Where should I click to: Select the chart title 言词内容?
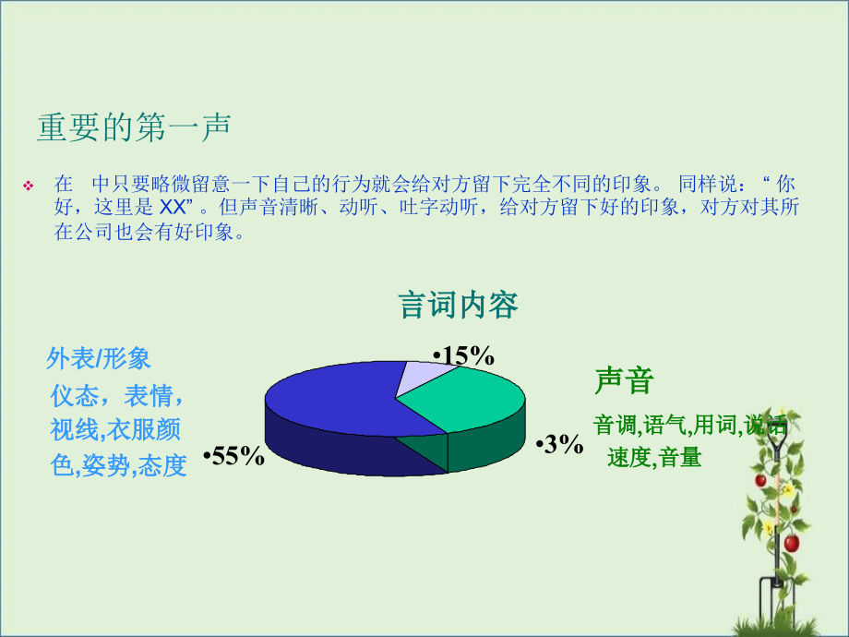(458, 305)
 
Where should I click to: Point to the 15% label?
(464, 356)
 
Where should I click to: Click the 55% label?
(233, 456)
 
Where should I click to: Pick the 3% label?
(559, 445)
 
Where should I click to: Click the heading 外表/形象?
(99, 358)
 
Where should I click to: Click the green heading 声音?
(624, 381)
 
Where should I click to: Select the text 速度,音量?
(654, 457)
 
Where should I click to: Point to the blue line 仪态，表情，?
(117, 396)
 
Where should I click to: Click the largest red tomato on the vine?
(791, 543)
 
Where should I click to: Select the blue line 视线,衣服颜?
(115, 430)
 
